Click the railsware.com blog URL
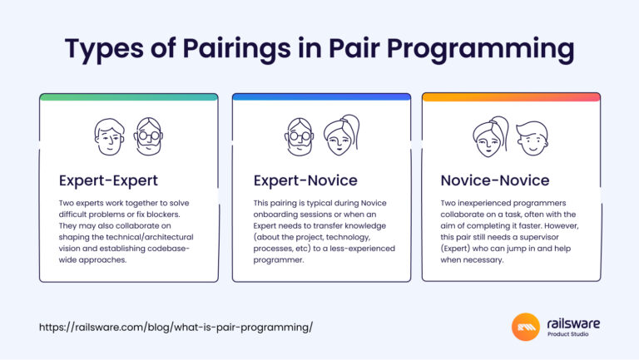(176, 327)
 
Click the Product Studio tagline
(571, 336)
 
